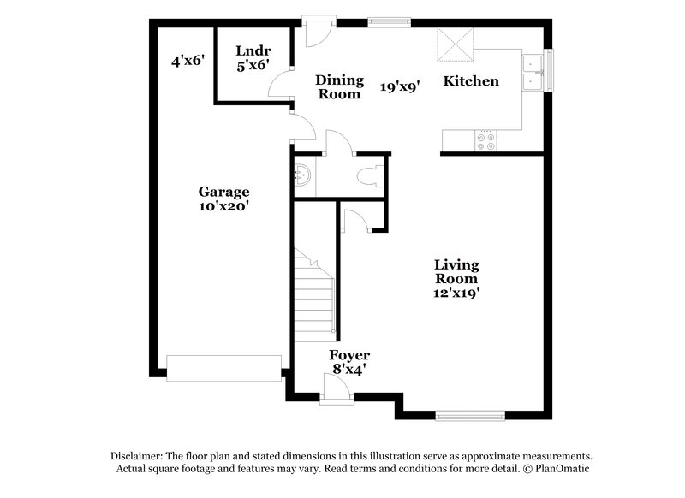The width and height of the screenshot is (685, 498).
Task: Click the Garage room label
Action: coord(223,192)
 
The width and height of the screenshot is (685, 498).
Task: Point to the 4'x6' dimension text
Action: coord(188,61)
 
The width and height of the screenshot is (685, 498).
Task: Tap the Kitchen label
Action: coord(470,81)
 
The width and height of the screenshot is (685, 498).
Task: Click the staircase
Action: coord(314,295)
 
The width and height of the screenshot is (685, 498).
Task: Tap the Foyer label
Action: coord(349,355)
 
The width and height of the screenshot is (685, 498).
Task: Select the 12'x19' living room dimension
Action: coord(455,293)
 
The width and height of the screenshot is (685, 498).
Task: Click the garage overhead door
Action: coord(223,368)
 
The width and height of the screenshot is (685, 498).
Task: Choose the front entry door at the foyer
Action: coord(337,392)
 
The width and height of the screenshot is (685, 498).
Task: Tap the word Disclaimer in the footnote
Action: coord(137,456)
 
